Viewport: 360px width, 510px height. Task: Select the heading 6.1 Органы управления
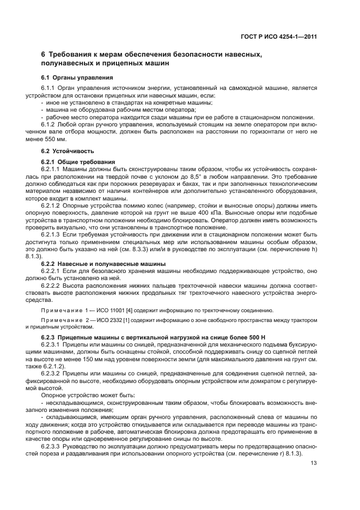pyautogui.click(x=77, y=77)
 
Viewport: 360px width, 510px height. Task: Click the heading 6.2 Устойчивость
pyautogui.click(x=68, y=150)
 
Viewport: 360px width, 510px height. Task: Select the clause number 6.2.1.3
pyautogui.click(x=51, y=234)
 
